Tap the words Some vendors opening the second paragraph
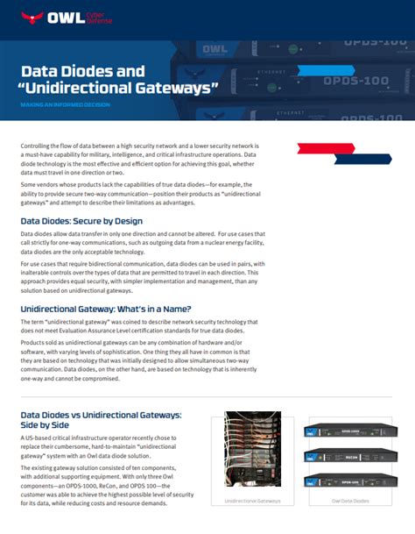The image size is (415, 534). pos(42,185)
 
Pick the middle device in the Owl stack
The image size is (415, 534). pos(349,456)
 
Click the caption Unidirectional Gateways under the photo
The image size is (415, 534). pos(252,501)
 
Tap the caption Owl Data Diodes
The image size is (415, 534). pos(349,501)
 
